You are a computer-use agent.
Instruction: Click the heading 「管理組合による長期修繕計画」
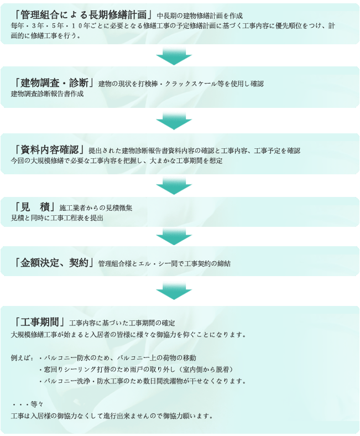[x=83, y=14]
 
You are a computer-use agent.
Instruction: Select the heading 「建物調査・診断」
[x=54, y=82]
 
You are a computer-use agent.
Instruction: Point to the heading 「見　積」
[x=34, y=207]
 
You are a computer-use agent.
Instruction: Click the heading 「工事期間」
[x=39, y=322]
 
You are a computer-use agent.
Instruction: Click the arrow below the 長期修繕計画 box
[x=174, y=56]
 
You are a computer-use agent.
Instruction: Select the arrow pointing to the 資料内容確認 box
[x=174, y=121]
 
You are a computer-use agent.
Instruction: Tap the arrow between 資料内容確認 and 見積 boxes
[x=174, y=186]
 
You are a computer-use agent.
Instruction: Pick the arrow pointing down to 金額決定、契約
[x=174, y=237]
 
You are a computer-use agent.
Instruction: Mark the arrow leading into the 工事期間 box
[x=174, y=291]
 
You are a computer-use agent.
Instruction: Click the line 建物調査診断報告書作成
[x=47, y=94]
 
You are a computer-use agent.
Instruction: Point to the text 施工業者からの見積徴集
[x=96, y=207]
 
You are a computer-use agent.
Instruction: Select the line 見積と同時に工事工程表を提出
[x=57, y=217]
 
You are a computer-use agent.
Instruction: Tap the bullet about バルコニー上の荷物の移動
[x=118, y=357]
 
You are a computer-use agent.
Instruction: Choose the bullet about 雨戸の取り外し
[x=136, y=369]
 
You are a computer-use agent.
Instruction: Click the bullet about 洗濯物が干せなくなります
[x=142, y=381]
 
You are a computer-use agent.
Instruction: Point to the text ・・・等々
[x=28, y=404]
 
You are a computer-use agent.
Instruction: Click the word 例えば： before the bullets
[x=22, y=358]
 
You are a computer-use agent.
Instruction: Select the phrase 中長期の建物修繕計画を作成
[x=200, y=15]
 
